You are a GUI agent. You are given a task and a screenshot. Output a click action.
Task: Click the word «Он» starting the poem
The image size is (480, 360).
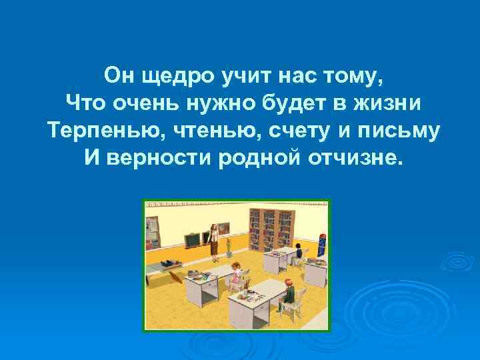(x=119, y=75)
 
